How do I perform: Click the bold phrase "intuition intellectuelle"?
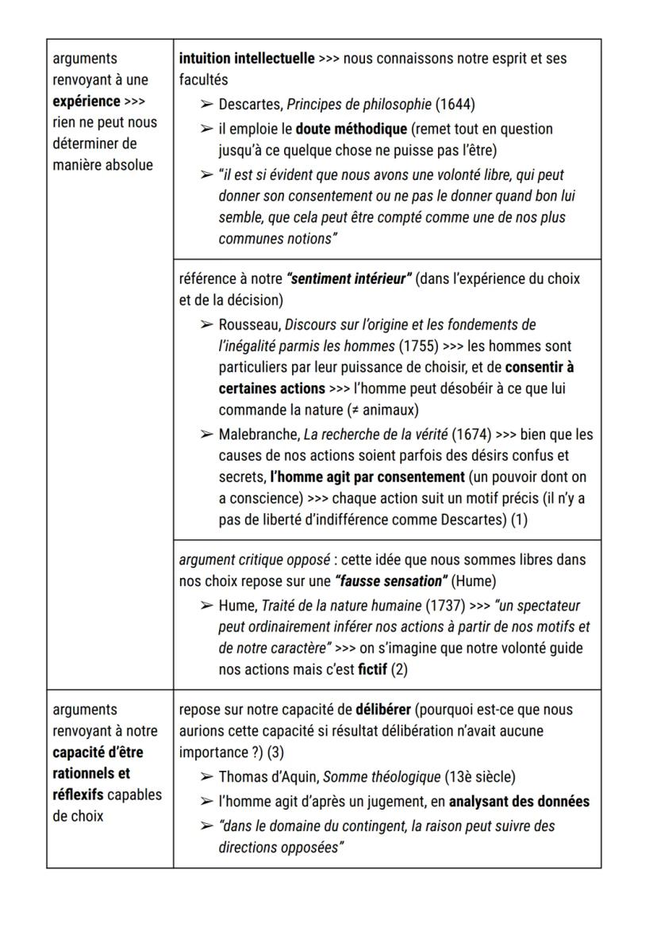(246, 59)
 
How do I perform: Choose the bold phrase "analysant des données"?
(522, 801)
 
